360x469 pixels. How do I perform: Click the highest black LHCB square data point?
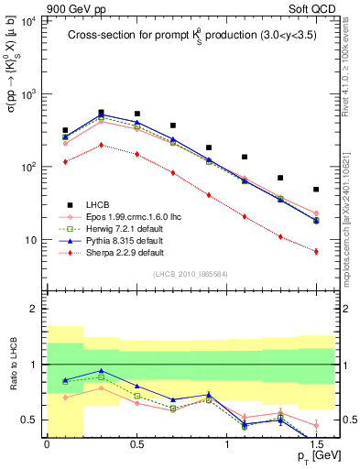click(x=101, y=113)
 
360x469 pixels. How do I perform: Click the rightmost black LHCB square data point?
click(x=316, y=190)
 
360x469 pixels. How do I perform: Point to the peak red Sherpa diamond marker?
click(x=101, y=145)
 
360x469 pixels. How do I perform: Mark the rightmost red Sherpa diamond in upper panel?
click(x=316, y=251)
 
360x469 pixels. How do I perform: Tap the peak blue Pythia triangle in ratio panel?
click(x=101, y=371)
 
